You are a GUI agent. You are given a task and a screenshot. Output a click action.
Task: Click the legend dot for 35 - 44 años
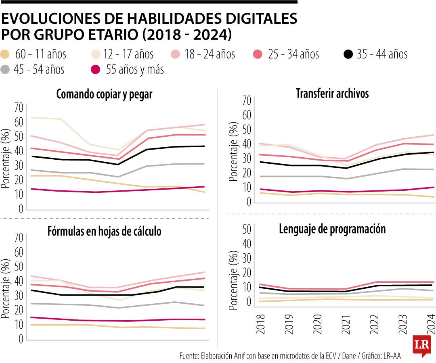[348, 54]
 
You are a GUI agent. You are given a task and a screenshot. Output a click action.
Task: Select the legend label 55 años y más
[135, 69]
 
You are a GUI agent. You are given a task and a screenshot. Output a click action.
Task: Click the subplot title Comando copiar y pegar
[105, 94]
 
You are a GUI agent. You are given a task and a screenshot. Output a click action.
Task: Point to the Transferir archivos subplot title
[332, 94]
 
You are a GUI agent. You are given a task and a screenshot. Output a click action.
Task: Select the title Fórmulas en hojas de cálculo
[105, 232]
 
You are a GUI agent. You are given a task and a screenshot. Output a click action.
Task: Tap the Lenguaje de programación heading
[332, 229]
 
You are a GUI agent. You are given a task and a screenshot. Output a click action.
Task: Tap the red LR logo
[422, 346]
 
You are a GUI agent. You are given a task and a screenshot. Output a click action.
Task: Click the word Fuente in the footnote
[189, 356]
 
